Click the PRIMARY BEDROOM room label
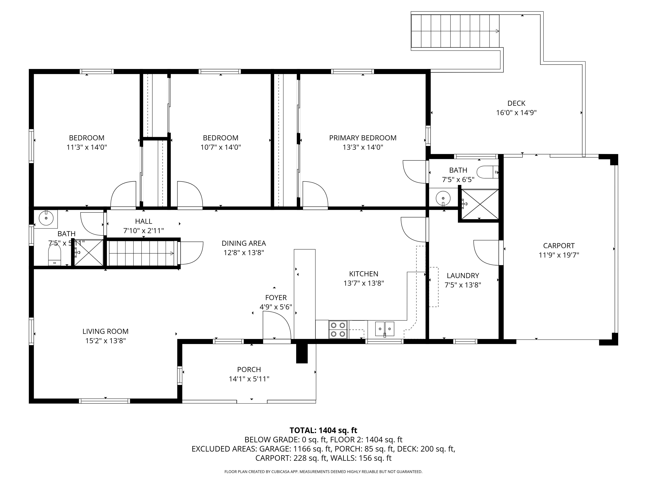[x=363, y=138]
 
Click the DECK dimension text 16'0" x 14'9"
[x=516, y=112]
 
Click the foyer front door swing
[x=277, y=325]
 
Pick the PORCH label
[x=249, y=369]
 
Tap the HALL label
[x=144, y=221]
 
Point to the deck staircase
[x=455, y=31]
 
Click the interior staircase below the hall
[x=142, y=253]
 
